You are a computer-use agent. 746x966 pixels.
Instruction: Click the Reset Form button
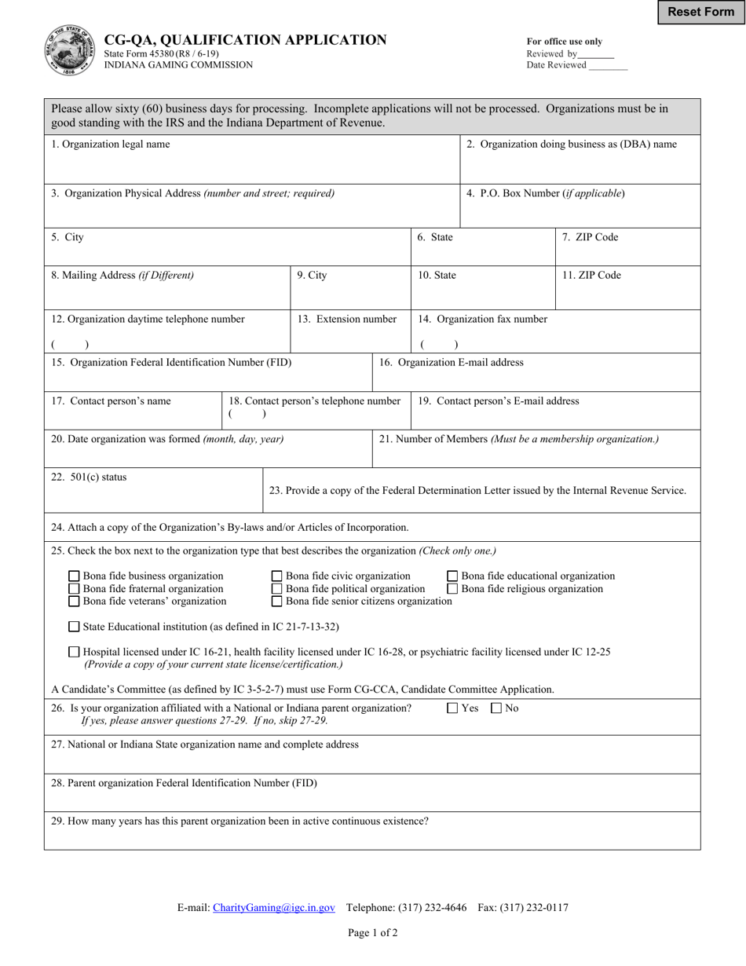coord(700,12)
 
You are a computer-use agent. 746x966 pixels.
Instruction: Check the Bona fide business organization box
coord(74,576)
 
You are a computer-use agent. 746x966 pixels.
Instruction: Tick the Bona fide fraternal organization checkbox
coord(74,588)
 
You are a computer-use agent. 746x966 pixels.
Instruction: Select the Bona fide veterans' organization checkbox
coord(74,601)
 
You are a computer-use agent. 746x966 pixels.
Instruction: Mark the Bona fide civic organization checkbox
coord(276,576)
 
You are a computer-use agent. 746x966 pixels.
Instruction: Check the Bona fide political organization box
coord(276,588)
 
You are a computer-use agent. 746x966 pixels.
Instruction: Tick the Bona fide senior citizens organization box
coord(276,601)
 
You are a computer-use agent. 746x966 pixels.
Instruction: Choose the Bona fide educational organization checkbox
coord(452,576)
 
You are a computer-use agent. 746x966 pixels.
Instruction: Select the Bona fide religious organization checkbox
coord(452,588)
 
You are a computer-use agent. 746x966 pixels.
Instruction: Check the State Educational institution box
coord(74,626)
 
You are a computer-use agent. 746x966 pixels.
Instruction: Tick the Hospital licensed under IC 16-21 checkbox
coord(74,651)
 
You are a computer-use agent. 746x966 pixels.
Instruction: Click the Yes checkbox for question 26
coord(452,708)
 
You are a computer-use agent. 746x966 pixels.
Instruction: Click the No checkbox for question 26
coord(496,708)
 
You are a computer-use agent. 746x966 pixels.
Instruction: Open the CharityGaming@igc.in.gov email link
coord(273,907)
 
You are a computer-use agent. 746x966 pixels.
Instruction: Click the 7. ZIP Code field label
coord(590,237)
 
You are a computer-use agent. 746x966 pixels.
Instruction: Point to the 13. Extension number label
coord(346,319)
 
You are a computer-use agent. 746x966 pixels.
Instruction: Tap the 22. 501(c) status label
coord(89,477)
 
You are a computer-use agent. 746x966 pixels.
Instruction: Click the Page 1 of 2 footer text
coord(373,933)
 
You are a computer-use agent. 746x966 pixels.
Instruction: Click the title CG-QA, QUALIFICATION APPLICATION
coord(245,40)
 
